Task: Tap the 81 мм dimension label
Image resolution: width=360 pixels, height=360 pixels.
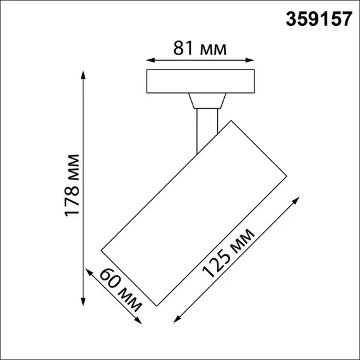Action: (x=200, y=47)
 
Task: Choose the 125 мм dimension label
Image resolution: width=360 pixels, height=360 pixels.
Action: (x=229, y=253)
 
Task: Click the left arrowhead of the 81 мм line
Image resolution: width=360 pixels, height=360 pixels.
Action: (x=149, y=62)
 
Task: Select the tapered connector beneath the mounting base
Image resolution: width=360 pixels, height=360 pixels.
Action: (x=206, y=102)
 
